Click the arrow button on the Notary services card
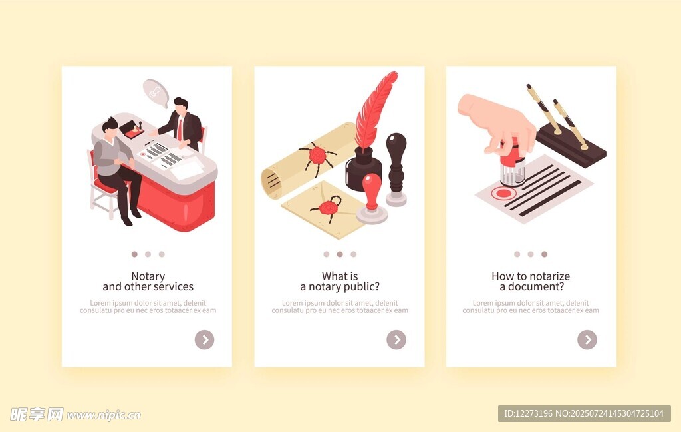[205, 340]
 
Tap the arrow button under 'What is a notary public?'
[396, 340]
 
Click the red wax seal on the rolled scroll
[317, 155]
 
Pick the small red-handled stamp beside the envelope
[372, 198]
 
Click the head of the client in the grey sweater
[110, 127]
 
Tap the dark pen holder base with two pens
[571, 146]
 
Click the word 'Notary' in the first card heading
[148, 276]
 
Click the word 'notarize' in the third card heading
[548, 276]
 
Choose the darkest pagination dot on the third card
[544, 254]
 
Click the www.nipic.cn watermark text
[103, 415]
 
